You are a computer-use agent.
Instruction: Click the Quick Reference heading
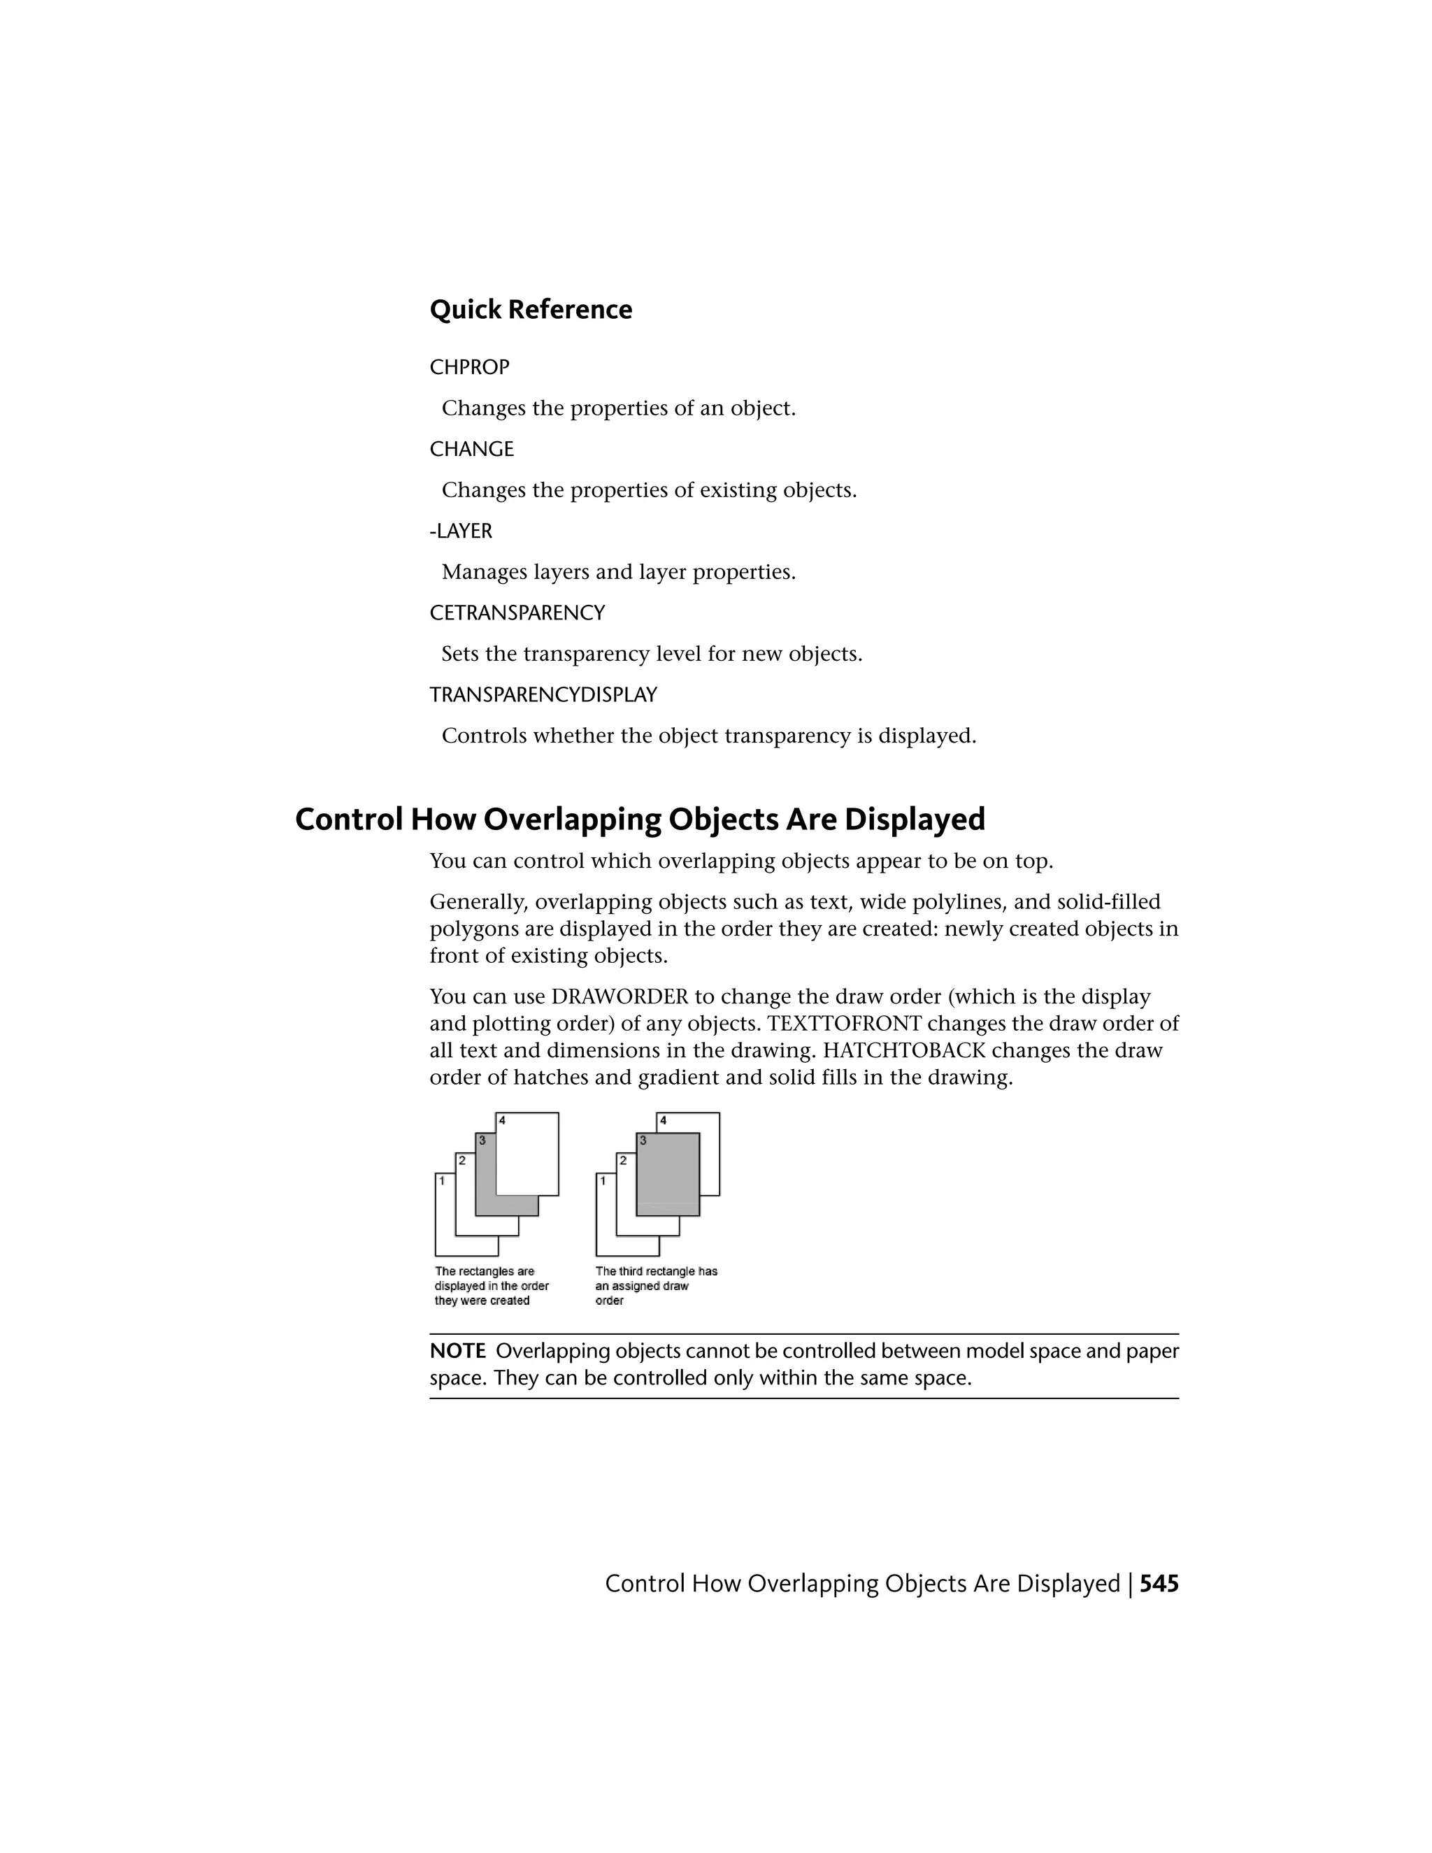point(530,310)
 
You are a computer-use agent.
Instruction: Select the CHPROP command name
point(469,367)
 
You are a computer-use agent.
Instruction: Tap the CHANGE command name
point(472,449)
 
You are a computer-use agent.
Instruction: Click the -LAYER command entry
point(461,531)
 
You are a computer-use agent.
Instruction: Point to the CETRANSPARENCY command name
point(517,613)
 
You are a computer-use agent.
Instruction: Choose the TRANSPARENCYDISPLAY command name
point(543,695)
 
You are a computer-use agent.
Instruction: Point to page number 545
point(1159,1584)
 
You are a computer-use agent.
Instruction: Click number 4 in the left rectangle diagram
point(502,1121)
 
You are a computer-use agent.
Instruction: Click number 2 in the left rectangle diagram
point(461,1160)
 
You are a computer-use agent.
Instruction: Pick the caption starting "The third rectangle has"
point(656,1285)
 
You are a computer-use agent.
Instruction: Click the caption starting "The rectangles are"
point(491,1285)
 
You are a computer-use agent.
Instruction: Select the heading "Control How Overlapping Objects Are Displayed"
point(640,820)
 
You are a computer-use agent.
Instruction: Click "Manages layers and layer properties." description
point(618,572)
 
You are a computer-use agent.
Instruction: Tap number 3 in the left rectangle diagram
point(482,1140)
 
